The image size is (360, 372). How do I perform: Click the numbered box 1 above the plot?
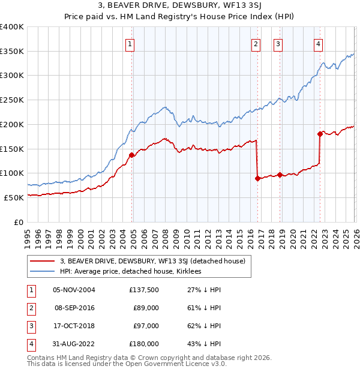(x=130, y=43)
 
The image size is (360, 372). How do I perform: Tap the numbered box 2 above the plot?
(x=256, y=43)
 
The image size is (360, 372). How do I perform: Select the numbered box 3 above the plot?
(x=278, y=43)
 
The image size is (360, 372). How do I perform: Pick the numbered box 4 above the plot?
(x=318, y=43)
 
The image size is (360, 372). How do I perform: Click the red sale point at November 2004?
(x=131, y=154)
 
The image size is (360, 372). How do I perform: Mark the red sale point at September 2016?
(x=257, y=178)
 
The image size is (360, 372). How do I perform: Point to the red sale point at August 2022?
(x=320, y=134)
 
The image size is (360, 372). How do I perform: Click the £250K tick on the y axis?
(x=12, y=100)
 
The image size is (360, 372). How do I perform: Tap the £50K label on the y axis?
(x=14, y=197)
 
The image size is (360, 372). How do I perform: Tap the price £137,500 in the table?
(x=143, y=290)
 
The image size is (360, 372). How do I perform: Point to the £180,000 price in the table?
(x=143, y=344)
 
